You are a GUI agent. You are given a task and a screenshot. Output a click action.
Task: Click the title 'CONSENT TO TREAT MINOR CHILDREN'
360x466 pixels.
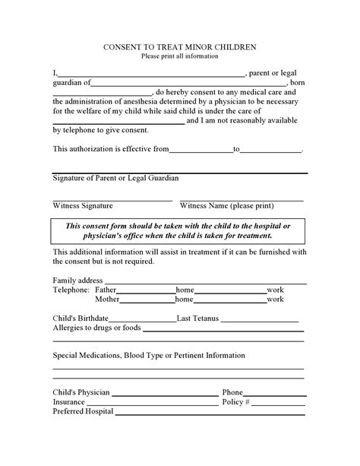pos(179,47)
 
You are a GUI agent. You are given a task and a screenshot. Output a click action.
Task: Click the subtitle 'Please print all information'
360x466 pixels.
pos(179,57)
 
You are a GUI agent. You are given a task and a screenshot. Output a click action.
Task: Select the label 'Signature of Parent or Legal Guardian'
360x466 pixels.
pos(115,178)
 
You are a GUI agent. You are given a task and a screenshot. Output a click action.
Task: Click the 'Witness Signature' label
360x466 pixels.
pos(83,205)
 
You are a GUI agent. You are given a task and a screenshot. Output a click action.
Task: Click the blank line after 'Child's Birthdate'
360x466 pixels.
pos(142,320)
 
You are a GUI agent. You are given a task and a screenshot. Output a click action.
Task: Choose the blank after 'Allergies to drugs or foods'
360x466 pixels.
pos(221,330)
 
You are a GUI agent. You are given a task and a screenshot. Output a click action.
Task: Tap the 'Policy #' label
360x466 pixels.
pos(235,401)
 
